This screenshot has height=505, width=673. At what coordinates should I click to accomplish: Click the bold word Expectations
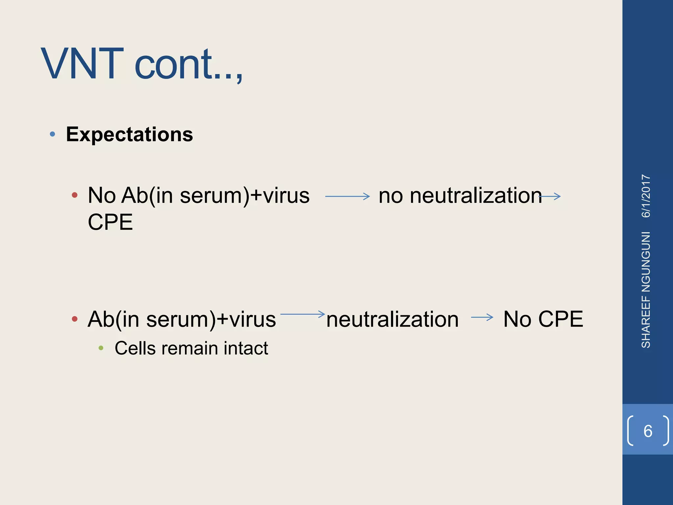point(129,134)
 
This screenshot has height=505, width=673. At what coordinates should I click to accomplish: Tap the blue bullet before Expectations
point(52,134)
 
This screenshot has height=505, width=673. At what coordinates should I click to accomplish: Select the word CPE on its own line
point(110,222)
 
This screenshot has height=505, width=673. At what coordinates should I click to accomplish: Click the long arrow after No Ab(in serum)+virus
point(347,197)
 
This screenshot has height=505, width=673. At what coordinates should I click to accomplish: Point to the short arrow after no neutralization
point(551,197)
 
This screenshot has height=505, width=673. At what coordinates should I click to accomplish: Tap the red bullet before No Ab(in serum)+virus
point(75,195)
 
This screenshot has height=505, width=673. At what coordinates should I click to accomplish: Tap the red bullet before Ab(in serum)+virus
point(75,319)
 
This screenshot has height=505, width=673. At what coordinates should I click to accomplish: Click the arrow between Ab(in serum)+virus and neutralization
point(302,314)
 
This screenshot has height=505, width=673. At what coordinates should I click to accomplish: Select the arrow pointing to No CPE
point(482,317)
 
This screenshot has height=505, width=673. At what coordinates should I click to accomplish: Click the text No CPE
point(543,319)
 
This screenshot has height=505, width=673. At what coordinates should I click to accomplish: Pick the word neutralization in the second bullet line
point(392,319)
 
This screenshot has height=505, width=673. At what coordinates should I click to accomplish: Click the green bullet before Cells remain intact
point(101,348)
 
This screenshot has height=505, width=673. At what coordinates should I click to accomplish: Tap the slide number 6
point(648,431)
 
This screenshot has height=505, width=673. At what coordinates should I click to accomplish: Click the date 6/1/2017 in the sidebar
point(646,196)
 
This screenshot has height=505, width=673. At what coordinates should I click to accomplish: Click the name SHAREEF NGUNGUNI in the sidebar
point(646,290)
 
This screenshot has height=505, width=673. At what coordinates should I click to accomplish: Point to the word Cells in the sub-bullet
point(135,348)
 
